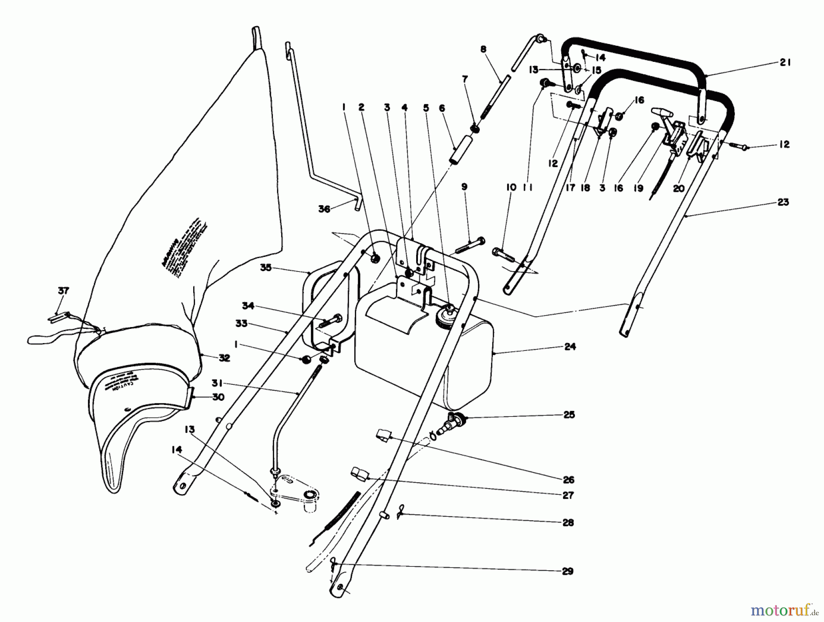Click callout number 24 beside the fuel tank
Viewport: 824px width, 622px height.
click(x=569, y=347)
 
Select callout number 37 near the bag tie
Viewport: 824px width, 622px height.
click(x=63, y=291)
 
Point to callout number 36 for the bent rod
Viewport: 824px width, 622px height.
click(x=324, y=209)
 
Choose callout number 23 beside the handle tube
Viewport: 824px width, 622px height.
click(x=783, y=202)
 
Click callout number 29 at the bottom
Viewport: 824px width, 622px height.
click(x=568, y=571)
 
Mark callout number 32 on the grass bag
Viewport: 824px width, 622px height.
click(x=224, y=358)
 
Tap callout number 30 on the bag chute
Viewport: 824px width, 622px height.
click(x=218, y=397)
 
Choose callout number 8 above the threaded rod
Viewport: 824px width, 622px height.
click(x=484, y=49)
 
